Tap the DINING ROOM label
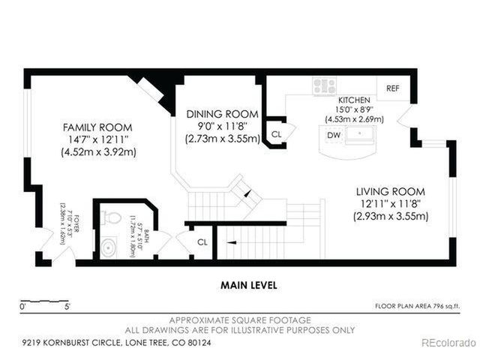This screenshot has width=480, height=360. tap(222, 114)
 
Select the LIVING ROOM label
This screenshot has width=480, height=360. tap(391, 191)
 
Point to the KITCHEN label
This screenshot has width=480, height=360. tap(353, 100)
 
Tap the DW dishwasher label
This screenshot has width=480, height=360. tap(334, 134)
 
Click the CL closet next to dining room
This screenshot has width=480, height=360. tap(276, 134)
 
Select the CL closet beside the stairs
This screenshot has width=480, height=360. tap(201, 242)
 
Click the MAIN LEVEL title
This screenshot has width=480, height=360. tap(248, 285)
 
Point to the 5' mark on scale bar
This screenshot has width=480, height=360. tap(67, 306)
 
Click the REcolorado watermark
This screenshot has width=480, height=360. tap(447, 343)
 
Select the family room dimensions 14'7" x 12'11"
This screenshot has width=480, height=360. tap(97, 139)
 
